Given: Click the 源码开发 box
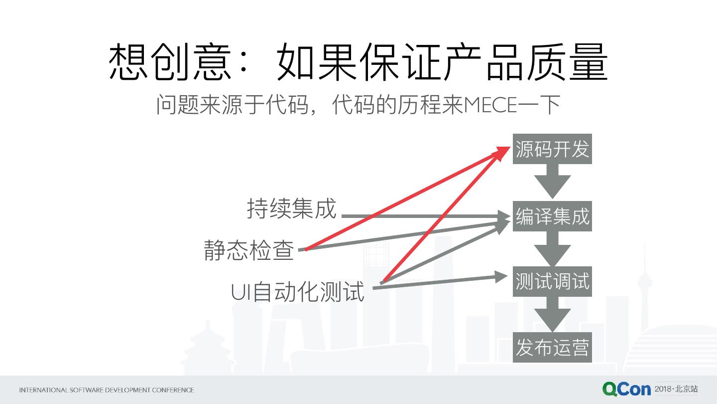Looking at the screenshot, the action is coord(552,149).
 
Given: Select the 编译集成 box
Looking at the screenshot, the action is coord(552,216).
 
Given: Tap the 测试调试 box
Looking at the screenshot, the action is coord(552,281).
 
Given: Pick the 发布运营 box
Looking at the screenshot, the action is coord(552,347).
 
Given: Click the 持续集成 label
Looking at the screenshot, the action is coord(292,208).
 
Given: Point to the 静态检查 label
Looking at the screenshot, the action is coord(249,250).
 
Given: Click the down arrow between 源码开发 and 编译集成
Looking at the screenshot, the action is coord(552,181).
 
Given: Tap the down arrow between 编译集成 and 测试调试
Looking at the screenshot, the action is coord(552,248).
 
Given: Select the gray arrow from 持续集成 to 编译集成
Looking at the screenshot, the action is coord(423,216).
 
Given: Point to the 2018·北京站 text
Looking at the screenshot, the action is coord(676,389).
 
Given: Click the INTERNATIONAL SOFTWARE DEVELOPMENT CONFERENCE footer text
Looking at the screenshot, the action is coord(106,390).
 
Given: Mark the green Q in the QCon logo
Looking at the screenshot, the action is coord(611,389).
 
